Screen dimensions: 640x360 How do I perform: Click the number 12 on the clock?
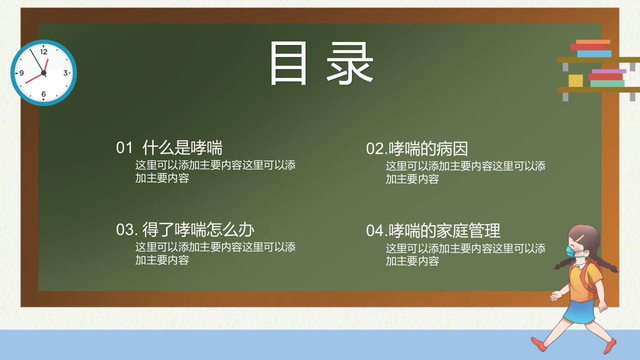click(x=43, y=51)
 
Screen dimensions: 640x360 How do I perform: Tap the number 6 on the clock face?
click(x=43, y=93)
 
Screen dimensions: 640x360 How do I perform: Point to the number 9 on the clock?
click(x=21, y=73)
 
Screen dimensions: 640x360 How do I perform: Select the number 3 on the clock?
click(x=65, y=73)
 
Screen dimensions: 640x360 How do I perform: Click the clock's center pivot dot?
click(x=43, y=73)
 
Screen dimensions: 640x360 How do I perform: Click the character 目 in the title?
click(x=288, y=63)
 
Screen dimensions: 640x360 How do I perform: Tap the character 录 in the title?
click(x=350, y=63)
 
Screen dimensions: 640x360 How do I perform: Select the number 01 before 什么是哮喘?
click(x=124, y=147)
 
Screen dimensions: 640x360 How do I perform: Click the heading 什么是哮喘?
click(x=182, y=147)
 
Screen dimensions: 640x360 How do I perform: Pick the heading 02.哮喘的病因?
click(x=417, y=149)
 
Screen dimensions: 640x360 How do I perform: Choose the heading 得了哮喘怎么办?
click(x=198, y=229)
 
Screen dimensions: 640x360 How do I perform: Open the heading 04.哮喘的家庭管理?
click(x=433, y=231)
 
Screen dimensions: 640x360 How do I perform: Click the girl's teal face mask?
click(x=571, y=251)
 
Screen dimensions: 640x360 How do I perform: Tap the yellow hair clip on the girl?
click(x=580, y=238)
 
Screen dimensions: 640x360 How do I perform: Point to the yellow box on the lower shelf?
click(x=575, y=80)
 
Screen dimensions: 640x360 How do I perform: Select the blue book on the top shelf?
click(x=594, y=53)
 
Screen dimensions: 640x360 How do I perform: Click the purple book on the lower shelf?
click(x=609, y=71)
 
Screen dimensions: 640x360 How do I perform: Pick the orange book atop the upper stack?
click(x=593, y=41)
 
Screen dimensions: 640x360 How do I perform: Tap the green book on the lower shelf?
click(x=607, y=83)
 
